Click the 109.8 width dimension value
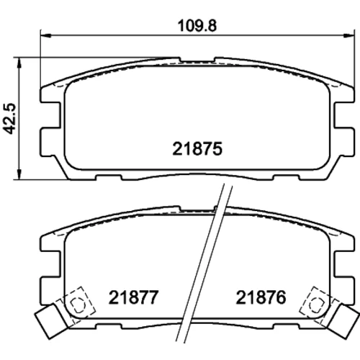197,26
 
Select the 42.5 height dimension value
9,119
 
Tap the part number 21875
197,149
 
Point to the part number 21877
134,297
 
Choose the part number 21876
261,297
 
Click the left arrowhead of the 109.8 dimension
45,35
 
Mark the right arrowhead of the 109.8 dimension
348,35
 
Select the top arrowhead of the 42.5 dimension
19,63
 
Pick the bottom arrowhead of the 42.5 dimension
19,174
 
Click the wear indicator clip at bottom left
51,321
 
